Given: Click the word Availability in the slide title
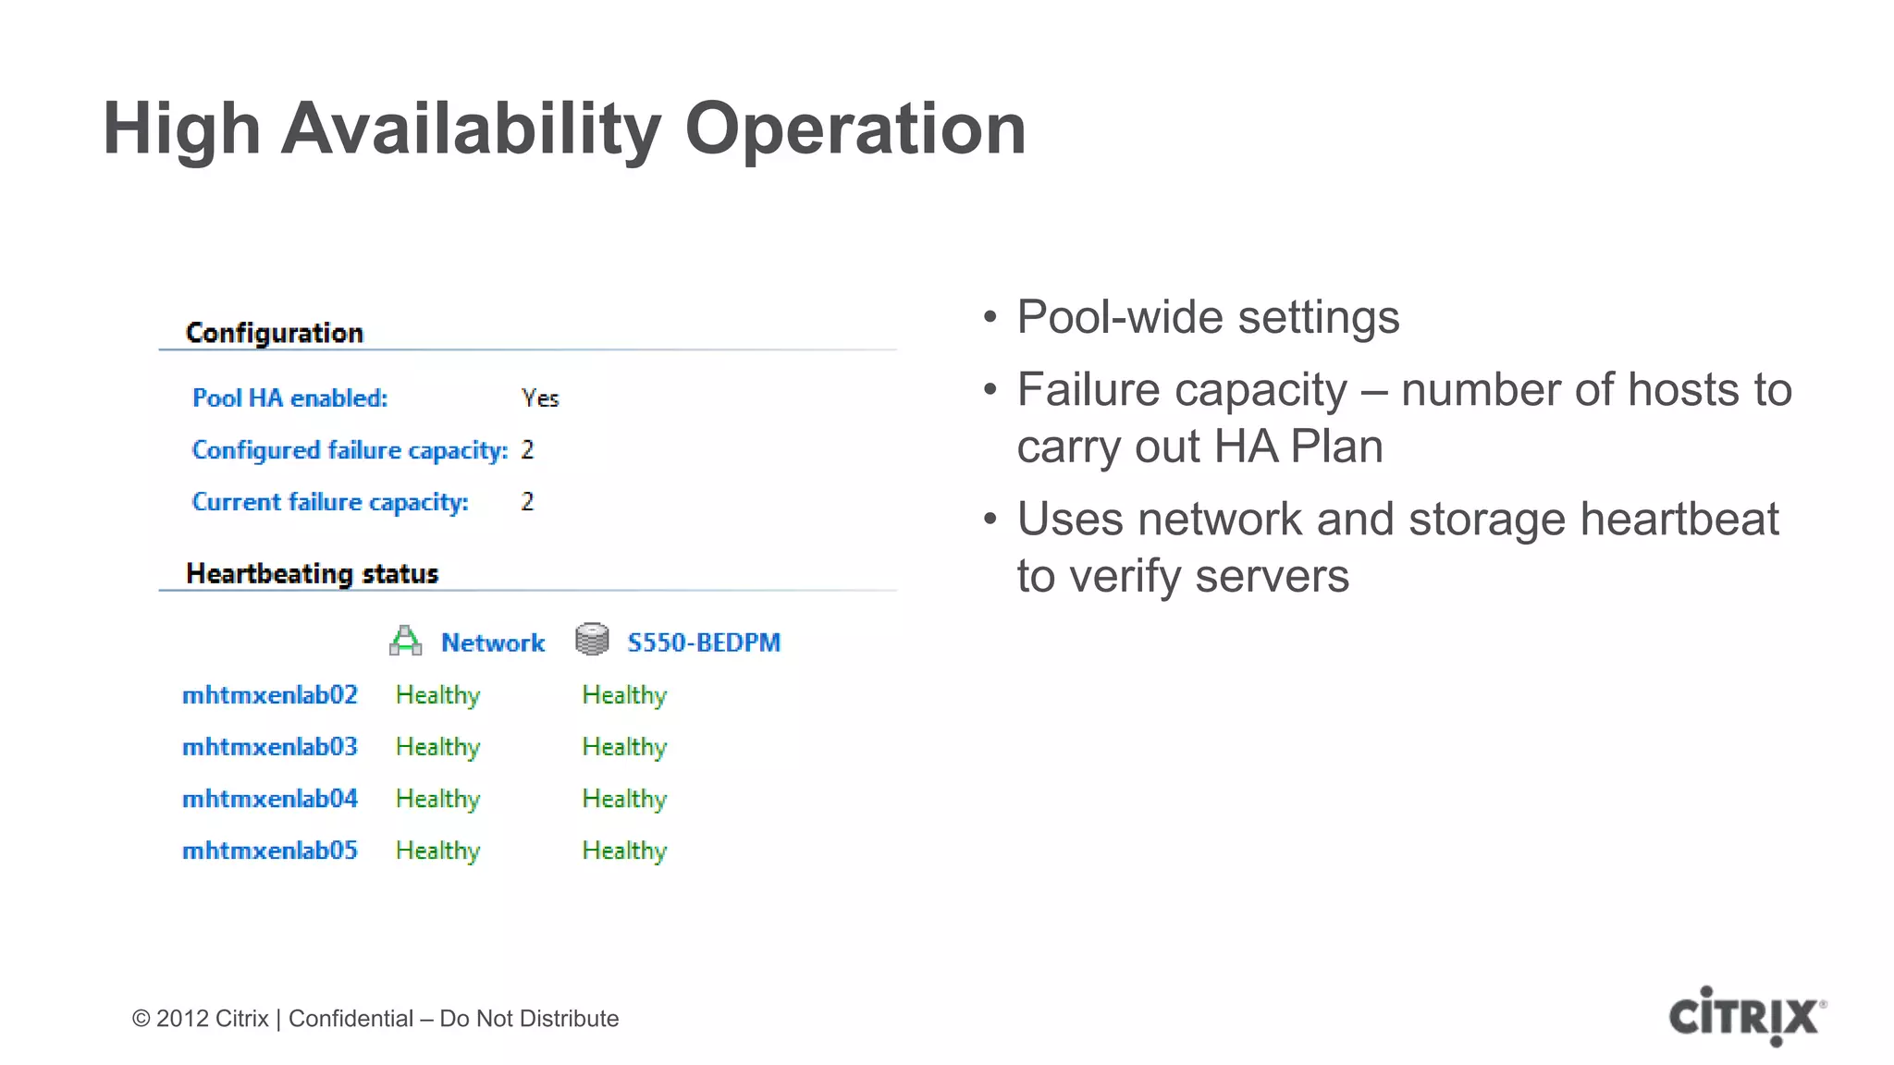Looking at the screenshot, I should click(471, 129).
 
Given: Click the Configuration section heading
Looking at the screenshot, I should click(275, 333).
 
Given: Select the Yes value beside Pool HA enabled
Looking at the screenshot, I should click(540, 398).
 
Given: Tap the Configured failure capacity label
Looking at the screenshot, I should click(350, 450).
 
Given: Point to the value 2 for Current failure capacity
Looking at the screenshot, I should click(527, 502).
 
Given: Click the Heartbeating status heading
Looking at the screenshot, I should click(312, 574).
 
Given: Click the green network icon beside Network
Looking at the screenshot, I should click(405, 641).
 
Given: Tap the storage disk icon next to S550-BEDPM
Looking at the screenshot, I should click(592, 640).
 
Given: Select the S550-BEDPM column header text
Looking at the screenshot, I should click(704, 643).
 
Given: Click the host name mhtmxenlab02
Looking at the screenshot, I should click(270, 695).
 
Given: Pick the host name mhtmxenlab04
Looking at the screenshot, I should click(270, 799).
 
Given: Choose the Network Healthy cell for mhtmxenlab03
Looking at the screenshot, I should click(437, 747).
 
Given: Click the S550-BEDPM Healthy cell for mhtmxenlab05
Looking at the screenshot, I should click(624, 851).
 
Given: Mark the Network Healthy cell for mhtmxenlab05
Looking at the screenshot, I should click(437, 851).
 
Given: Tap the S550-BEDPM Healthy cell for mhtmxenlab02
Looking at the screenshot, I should click(624, 695).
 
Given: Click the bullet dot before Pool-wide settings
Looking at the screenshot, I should click(990, 318).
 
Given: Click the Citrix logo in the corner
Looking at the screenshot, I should click(1746, 1016).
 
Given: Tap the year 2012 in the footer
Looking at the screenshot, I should click(182, 1019).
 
